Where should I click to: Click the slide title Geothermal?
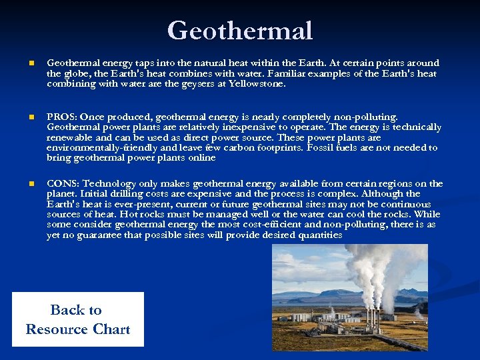pos(240,31)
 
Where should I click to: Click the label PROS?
pos(61,116)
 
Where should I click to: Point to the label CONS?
pos(63,183)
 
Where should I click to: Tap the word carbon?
pos(230,147)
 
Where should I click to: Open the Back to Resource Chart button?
pos(78,319)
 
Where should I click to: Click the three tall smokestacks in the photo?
pos(371,318)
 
